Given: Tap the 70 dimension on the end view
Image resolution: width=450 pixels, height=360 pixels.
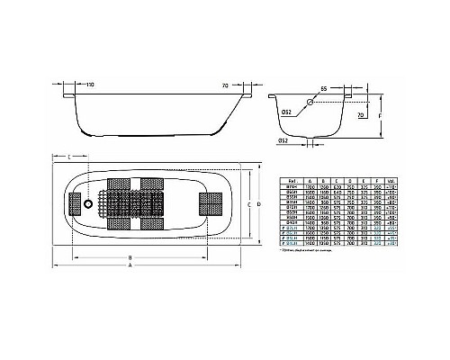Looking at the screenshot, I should point(360,116).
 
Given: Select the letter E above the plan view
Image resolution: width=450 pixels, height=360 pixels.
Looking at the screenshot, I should point(69,158).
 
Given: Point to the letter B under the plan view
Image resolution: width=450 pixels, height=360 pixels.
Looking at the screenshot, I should point(131,258).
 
